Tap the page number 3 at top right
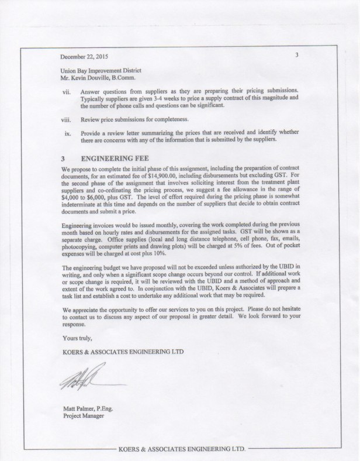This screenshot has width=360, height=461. pyautogui.click(x=297, y=56)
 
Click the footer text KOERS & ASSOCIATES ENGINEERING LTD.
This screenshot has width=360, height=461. pyautogui.click(x=180, y=450)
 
